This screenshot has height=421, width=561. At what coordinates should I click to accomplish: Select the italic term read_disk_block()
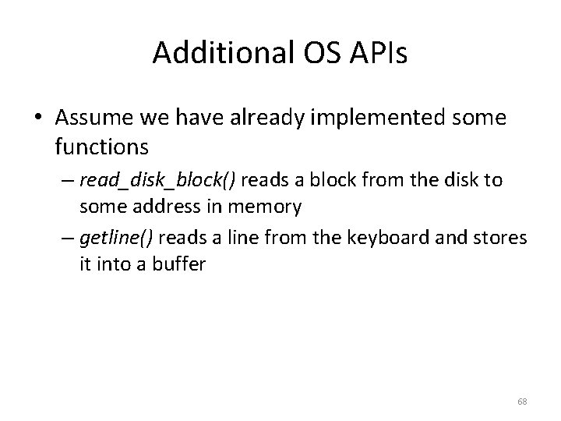point(157,180)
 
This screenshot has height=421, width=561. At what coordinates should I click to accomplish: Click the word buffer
point(181,264)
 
